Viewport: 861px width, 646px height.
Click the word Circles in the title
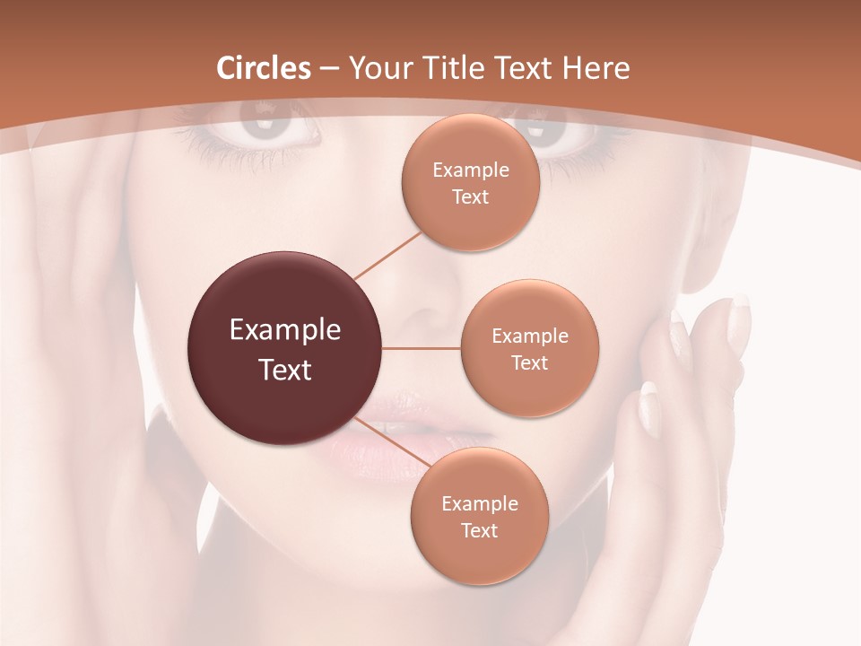click(x=264, y=68)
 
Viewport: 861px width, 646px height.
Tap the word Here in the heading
click(x=596, y=68)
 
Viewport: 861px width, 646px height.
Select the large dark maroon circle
click(x=285, y=348)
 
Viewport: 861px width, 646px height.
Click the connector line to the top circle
click(x=388, y=255)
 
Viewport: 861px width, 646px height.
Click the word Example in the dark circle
click(x=285, y=330)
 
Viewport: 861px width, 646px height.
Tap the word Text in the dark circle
click(x=285, y=370)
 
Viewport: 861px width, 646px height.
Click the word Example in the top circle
click(x=470, y=170)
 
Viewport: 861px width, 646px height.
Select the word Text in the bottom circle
click(x=479, y=531)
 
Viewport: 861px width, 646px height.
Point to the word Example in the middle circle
click(x=529, y=336)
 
